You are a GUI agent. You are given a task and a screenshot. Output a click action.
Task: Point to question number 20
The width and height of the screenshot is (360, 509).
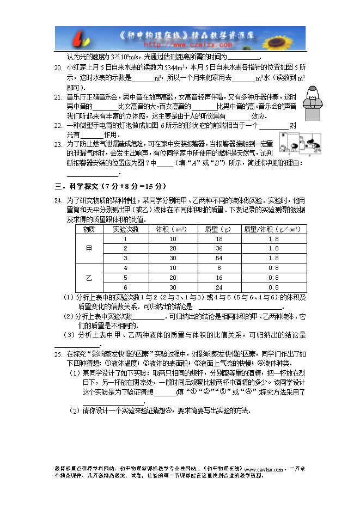pyautogui.click(x=58, y=68)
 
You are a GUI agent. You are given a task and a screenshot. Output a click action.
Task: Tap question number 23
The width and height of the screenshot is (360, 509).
pyautogui.click(x=58, y=144)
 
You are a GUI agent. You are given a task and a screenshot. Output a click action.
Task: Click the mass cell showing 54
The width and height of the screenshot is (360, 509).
pyautogui.click(x=219, y=258)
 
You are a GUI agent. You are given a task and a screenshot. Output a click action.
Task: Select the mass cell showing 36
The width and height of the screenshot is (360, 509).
pyautogui.click(x=219, y=248)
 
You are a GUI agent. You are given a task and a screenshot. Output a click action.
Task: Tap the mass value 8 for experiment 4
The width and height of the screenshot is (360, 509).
pyautogui.click(x=219, y=268)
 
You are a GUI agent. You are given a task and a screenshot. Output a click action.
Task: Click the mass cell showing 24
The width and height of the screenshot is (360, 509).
pyautogui.click(x=219, y=287)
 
